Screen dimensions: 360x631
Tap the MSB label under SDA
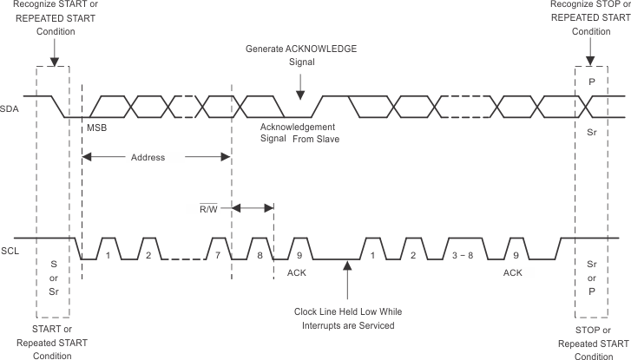[x=96, y=128]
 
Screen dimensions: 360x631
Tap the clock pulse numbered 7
[x=218, y=256]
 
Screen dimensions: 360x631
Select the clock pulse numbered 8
[x=259, y=256]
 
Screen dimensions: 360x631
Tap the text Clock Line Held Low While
[x=347, y=311]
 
